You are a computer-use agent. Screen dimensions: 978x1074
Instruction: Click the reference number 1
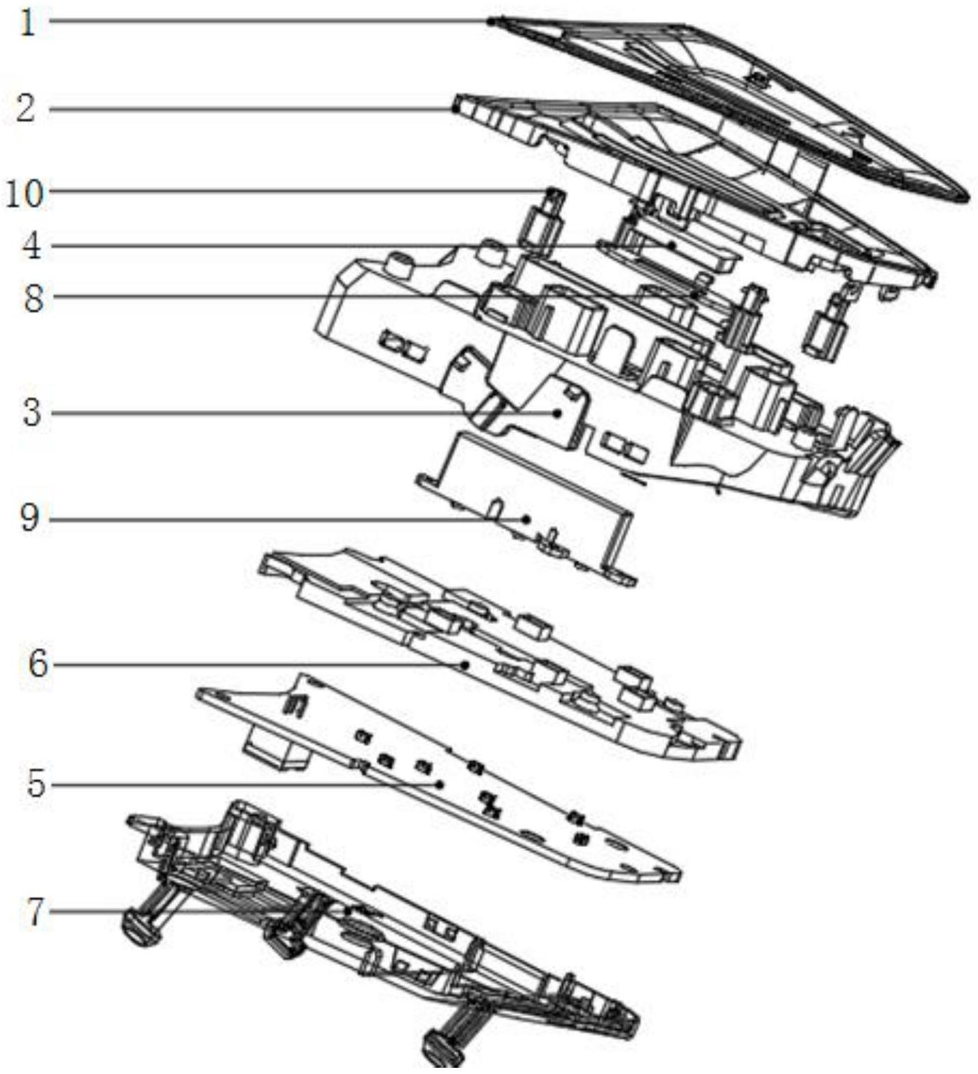coord(26,23)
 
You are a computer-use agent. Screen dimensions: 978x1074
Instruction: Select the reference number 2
coord(26,109)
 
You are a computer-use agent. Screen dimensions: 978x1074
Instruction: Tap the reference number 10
coord(25,194)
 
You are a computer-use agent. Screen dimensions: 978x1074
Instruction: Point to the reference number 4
coord(31,246)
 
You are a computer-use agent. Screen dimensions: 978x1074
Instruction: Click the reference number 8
coord(33,298)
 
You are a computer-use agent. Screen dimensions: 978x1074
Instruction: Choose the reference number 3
coord(32,414)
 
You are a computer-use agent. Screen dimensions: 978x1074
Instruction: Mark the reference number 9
coord(30,519)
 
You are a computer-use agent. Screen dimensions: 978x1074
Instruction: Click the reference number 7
coord(36,911)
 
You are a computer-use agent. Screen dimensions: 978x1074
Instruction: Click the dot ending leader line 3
coord(559,413)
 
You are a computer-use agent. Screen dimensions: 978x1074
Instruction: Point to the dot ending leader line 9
coord(526,519)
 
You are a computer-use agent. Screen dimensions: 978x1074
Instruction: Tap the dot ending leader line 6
coord(465,664)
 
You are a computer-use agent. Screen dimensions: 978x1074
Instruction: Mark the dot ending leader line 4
coord(673,245)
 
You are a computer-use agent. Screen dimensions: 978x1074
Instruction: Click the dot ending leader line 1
coord(491,22)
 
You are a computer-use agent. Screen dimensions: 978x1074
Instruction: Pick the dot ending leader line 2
coord(455,108)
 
